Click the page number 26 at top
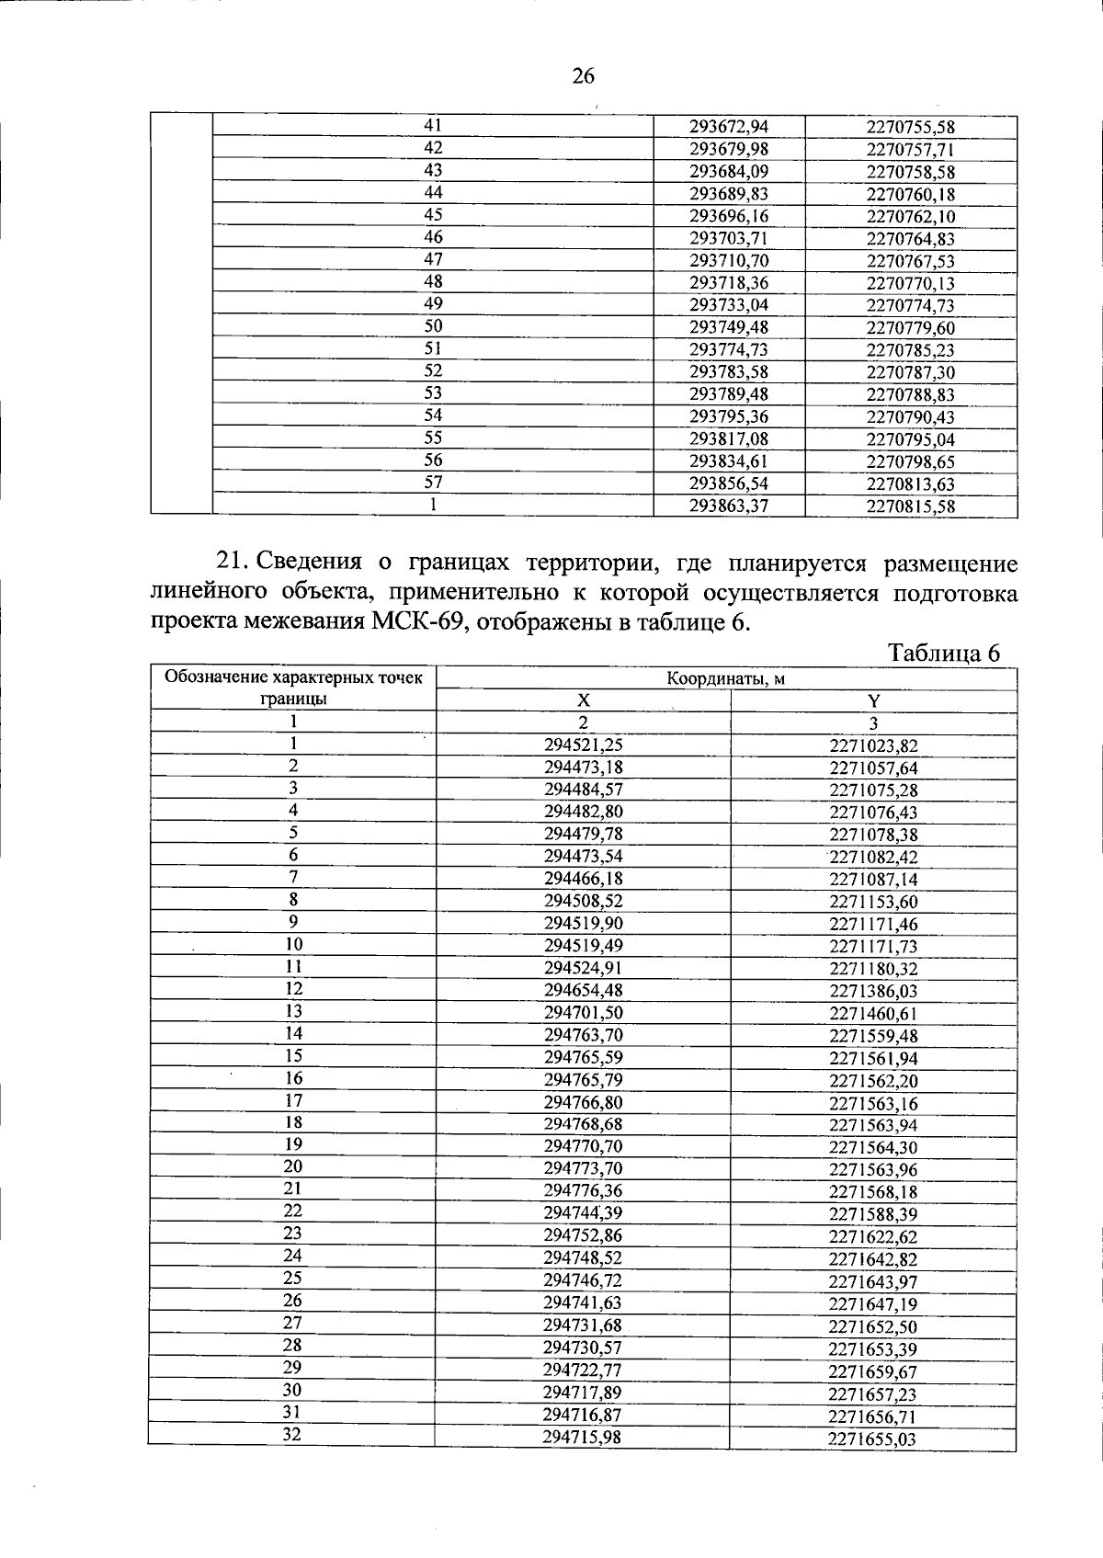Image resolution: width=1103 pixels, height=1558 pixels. click(584, 76)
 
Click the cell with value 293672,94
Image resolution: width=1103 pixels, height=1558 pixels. click(728, 127)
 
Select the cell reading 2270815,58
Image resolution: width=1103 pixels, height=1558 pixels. click(910, 506)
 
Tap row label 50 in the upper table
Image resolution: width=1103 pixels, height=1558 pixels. click(433, 326)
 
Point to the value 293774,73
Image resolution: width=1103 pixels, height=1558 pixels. click(728, 350)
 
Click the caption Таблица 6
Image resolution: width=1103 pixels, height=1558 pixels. click(943, 653)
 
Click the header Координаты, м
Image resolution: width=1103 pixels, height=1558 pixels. click(726, 679)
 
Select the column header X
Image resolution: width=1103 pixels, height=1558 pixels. click(583, 701)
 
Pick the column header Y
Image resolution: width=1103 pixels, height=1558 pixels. click(873, 701)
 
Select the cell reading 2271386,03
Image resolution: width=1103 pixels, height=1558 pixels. click(873, 991)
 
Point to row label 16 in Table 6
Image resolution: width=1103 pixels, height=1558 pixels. click(293, 1078)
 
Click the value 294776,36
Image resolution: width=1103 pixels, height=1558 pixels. click(583, 1191)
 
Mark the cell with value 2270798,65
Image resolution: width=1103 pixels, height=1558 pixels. click(910, 461)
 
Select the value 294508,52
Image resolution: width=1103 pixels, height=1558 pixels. click(583, 902)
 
